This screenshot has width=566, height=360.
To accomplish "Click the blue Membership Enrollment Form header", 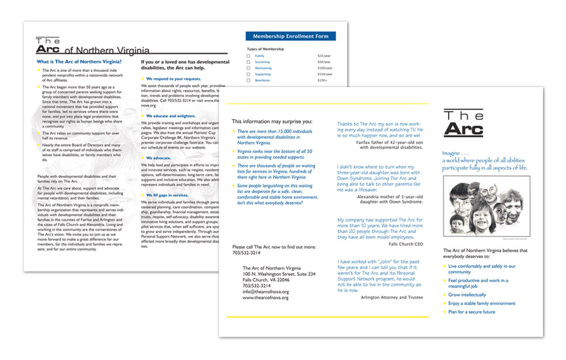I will tap(290, 36).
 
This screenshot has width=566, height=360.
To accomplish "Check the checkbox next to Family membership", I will tap(248, 56).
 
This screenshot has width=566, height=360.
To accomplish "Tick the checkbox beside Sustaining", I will tap(248, 62).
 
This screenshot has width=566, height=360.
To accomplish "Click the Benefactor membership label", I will tap(263, 80).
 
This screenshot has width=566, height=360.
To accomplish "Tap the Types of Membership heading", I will tap(265, 49).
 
